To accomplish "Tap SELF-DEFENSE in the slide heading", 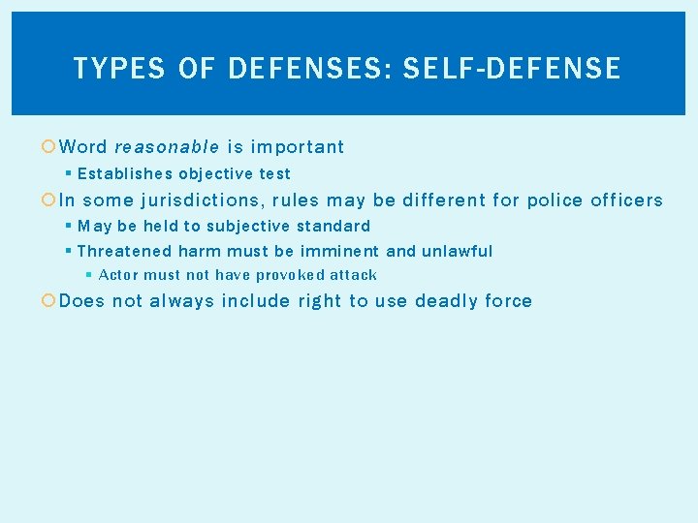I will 512,68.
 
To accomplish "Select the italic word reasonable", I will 167,147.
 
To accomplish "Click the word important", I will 298,147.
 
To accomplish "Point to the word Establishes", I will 124,174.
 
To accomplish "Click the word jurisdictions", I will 201,200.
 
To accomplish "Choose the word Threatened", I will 123,251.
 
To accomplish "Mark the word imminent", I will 339,251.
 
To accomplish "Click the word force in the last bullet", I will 508,301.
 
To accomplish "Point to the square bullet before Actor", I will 89,275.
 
